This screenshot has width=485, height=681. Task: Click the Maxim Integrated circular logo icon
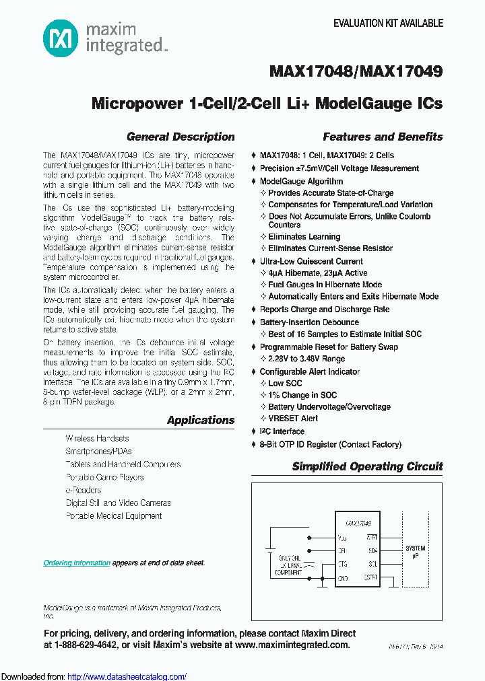point(60,38)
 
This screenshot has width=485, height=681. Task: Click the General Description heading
point(181,137)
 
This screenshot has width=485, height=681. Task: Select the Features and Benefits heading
point(383,137)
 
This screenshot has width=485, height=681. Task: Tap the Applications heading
point(201,420)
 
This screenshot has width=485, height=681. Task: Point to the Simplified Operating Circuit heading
point(367,466)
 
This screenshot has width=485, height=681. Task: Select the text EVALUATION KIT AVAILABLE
point(388,23)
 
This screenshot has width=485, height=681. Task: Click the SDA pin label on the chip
point(372,550)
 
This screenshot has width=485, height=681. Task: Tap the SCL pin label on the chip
point(372,564)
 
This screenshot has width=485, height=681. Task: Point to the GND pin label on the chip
point(343,578)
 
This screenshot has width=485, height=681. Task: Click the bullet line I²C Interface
point(282,431)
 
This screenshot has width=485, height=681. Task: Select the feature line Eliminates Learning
point(304,237)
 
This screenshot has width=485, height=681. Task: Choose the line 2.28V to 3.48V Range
point(306,359)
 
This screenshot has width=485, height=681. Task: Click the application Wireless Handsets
point(97,438)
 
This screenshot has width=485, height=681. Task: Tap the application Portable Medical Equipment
point(113,516)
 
